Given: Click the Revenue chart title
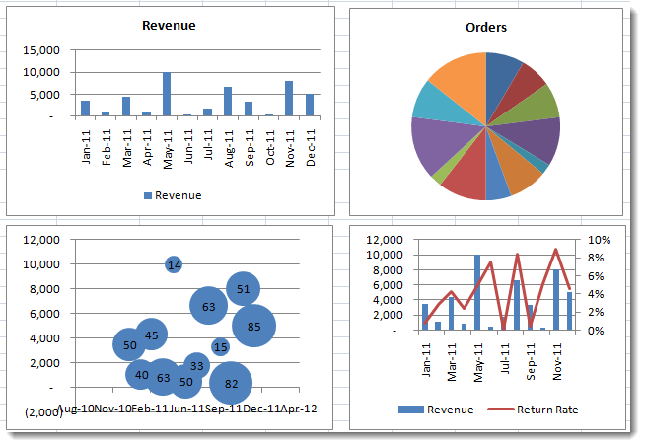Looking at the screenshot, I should click(169, 26).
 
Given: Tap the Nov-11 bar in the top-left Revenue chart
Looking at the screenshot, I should click(289, 99).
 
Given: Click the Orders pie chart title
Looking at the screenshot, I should click(486, 28).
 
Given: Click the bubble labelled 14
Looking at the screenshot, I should click(174, 264).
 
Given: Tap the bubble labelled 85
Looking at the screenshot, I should click(253, 326).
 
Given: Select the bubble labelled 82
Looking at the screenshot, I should click(232, 383).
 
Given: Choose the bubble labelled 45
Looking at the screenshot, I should click(151, 335).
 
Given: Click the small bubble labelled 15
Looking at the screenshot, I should click(220, 346).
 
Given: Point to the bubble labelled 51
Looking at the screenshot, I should click(243, 288).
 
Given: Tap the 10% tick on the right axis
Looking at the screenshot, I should click(600, 240).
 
